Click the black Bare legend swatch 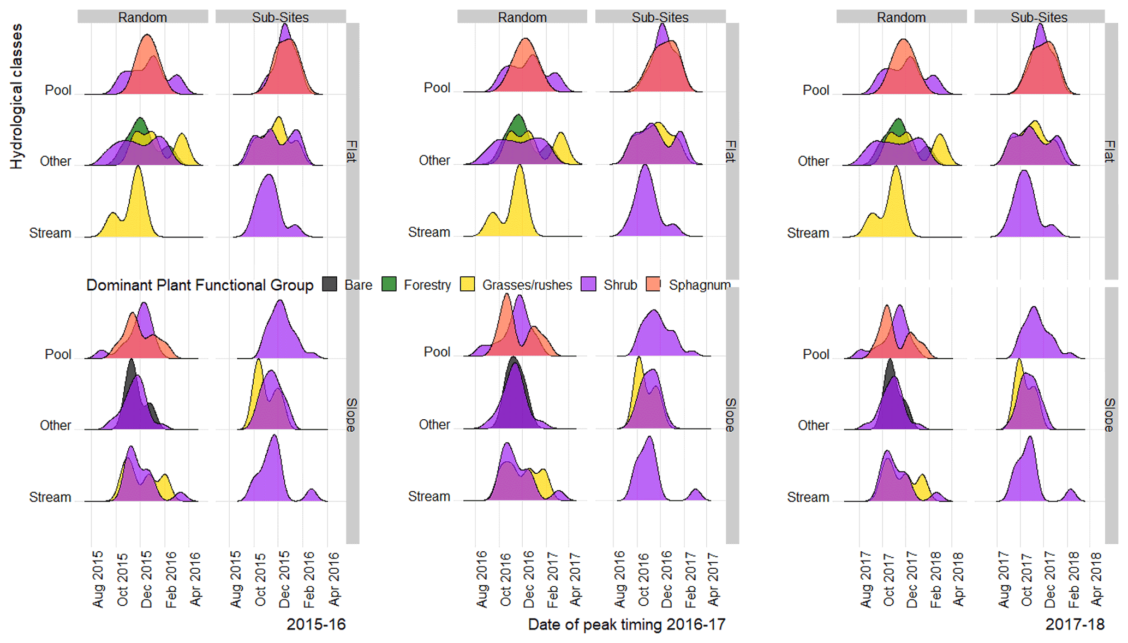coord(330,284)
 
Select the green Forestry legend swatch coord(389,284)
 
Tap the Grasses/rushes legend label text coord(527,285)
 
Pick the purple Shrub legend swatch coord(588,284)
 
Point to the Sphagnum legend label coord(699,285)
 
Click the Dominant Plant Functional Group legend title coord(200,285)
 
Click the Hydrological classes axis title coord(16,96)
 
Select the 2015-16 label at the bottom coord(316,624)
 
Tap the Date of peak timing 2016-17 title coord(626,624)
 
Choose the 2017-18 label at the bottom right coord(1075,624)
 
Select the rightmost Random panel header coord(901,17)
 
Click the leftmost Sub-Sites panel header coord(280,17)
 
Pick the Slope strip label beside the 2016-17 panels coord(731,415)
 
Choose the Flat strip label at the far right coord(1110,151)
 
